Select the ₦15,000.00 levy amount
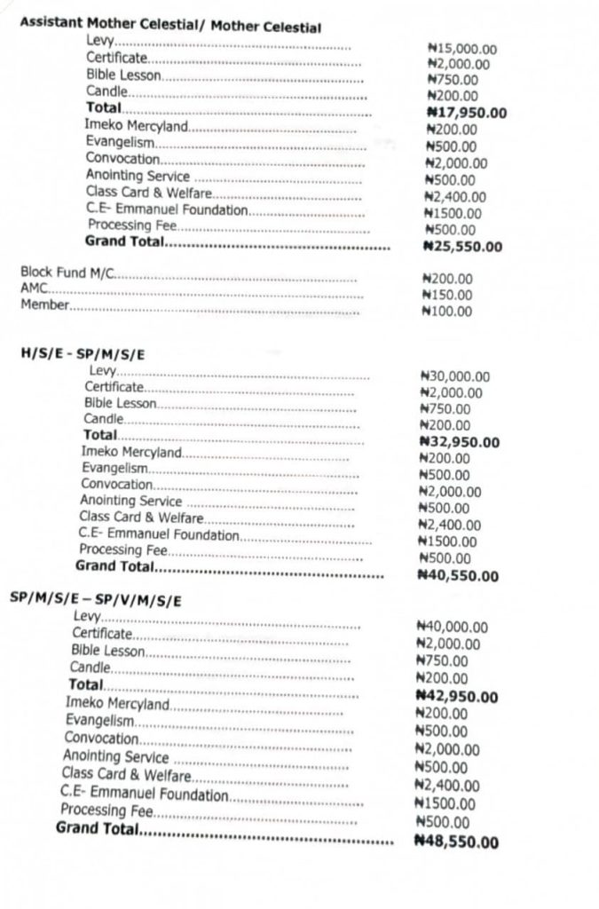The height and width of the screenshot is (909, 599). [461, 47]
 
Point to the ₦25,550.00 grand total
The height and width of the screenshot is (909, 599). [463, 246]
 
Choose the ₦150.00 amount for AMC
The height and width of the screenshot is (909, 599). [449, 295]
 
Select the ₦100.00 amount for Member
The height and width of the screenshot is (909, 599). [449, 312]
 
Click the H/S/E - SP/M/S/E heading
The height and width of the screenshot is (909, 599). [83, 353]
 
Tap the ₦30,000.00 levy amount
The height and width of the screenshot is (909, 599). [454, 376]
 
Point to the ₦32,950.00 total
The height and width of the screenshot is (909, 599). [459, 442]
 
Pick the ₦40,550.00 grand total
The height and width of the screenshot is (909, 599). [457, 575]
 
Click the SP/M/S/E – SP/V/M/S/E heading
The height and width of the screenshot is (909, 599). [96, 600]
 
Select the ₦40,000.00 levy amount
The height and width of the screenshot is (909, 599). [453, 627]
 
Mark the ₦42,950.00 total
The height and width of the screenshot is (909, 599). [456, 696]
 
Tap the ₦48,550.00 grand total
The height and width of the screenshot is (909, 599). [455, 842]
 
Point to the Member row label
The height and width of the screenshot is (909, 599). [44, 307]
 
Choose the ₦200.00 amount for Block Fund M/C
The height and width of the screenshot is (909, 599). [449, 278]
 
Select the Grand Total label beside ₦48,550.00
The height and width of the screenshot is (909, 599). [97, 829]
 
